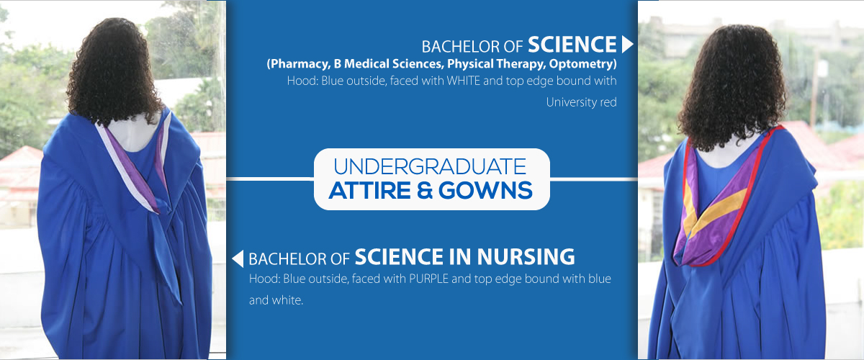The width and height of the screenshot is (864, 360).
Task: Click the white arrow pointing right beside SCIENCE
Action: click(x=627, y=44)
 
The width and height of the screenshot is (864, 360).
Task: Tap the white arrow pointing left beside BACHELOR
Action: click(x=238, y=258)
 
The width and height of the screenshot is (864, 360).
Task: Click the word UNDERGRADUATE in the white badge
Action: click(x=430, y=167)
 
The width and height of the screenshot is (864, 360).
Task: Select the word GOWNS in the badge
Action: click(x=485, y=190)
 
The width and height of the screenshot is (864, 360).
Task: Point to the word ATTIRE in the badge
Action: click(x=369, y=190)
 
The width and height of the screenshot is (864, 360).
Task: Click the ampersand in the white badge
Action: click(x=425, y=190)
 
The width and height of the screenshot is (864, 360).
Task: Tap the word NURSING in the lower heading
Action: click(x=526, y=257)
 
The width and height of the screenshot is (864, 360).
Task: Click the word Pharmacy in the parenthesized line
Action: click(x=299, y=64)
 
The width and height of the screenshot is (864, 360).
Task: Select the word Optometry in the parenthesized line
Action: click(x=582, y=64)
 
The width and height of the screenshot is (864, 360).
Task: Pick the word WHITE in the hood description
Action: click(x=463, y=81)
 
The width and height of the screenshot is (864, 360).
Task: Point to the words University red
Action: click(x=581, y=102)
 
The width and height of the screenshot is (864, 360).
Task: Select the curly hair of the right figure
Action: click(x=730, y=85)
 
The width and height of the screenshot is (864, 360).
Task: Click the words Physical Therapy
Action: click(x=495, y=64)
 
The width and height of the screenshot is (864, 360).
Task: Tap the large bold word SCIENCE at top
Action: click(x=572, y=44)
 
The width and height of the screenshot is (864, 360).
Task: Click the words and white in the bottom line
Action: click(x=276, y=300)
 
